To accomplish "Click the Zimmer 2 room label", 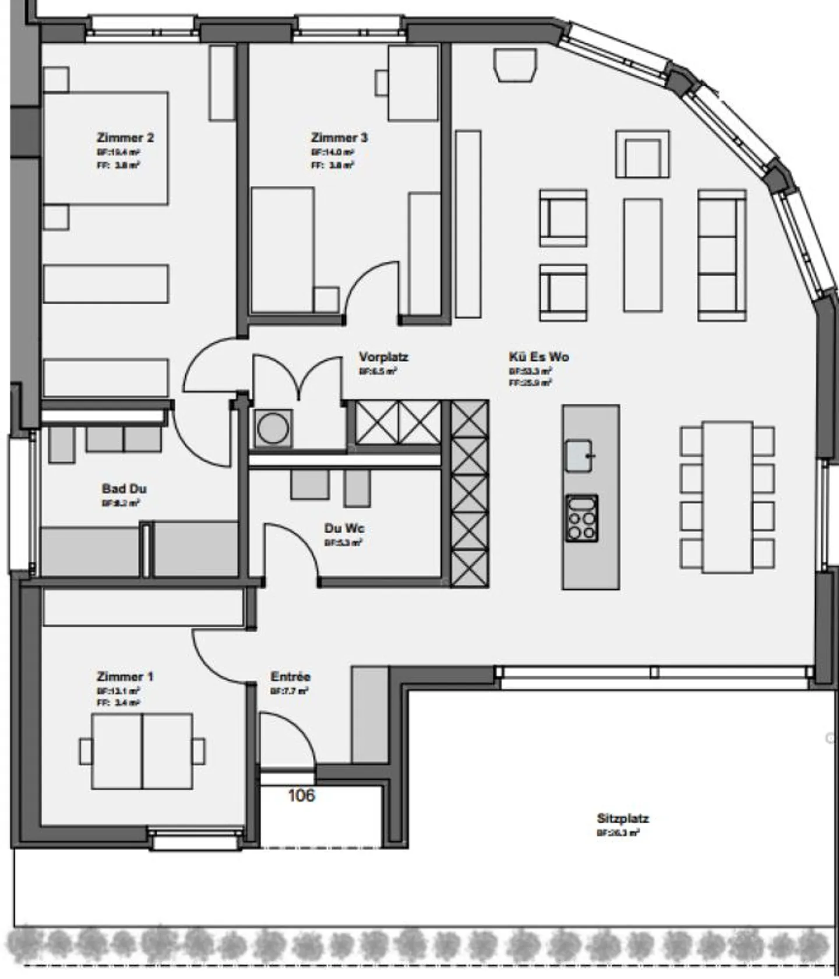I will point(125,138).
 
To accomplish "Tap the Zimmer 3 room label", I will point(339,138).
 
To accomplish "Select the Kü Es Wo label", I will point(538,357).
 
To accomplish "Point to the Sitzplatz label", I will point(622,818).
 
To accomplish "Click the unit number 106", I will point(301,795).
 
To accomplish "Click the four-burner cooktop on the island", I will point(582,518).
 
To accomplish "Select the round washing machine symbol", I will point(273,429).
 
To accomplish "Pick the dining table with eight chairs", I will point(727,497).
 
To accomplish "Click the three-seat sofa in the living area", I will point(722,255).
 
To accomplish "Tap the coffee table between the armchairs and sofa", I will point(642,255).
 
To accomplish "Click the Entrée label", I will point(290,677).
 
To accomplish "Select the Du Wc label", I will point(344,528).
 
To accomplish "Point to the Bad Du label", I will point(124,489).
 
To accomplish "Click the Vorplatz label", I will point(383,357).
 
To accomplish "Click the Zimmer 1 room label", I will point(125,677).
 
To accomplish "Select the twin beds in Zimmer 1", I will point(142,751).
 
